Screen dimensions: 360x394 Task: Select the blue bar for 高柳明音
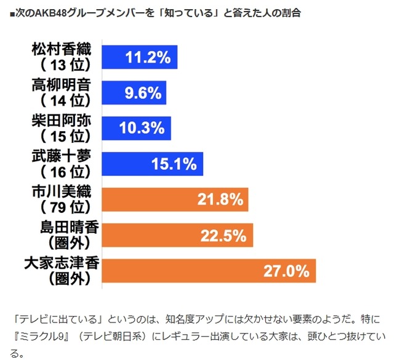[x=132, y=93]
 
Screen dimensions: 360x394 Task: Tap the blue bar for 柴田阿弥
[x=135, y=128]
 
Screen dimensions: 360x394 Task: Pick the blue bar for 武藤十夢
[x=150, y=164]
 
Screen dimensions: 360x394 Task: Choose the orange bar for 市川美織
[x=174, y=199]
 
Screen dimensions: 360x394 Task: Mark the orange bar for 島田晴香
[x=176, y=235]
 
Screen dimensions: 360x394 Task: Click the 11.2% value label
[x=147, y=57]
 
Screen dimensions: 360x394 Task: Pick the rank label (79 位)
[x=65, y=207]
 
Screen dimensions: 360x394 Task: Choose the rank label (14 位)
[x=65, y=101]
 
